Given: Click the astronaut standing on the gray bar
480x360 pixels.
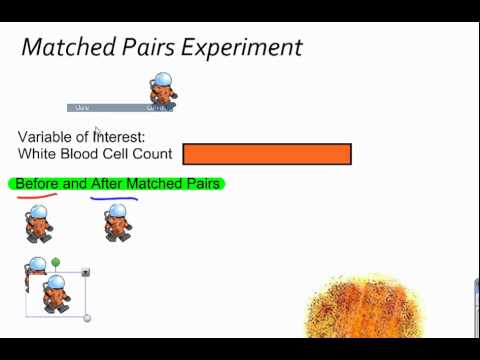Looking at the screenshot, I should [163, 92].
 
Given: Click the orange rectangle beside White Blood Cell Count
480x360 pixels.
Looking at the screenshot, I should [267, 154].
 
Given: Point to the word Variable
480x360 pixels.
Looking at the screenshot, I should [51, 136].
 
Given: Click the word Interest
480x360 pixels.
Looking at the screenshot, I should [119, 136].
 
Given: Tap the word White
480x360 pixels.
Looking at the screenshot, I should [38, 155].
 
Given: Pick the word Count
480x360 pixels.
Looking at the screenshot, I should [151, 155].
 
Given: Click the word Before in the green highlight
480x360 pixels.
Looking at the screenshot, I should [36, 184].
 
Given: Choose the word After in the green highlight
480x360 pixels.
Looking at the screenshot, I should [106, 184].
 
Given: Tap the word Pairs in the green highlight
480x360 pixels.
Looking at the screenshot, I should [200, 184].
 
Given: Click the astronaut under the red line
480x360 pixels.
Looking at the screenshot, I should [38, 222].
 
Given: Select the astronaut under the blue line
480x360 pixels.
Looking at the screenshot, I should [118, 222].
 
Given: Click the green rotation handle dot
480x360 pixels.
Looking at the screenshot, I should [56, 262].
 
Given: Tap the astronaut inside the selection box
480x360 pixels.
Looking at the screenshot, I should [57, 294].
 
